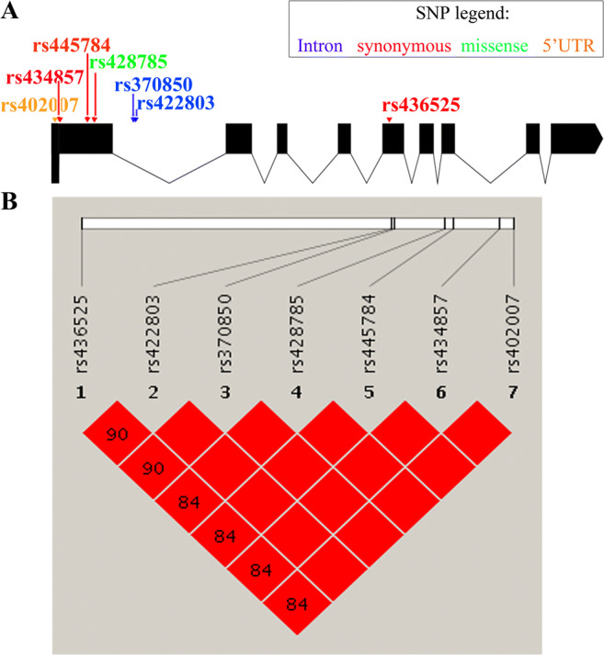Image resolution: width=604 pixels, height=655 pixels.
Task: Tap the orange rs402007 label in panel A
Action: click(x=40, y=105)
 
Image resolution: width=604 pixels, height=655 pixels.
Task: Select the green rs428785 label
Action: click(x=130, y=62)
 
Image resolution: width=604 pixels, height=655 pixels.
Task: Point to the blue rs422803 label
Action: click(x=176, y=101)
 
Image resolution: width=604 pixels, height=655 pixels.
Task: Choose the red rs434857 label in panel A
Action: click(x=46, y=80)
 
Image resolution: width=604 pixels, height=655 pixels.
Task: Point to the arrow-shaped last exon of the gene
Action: click(x=576, y=137)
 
